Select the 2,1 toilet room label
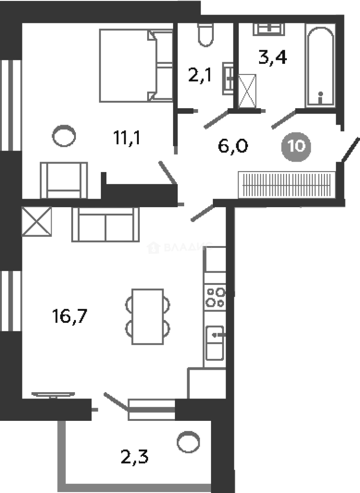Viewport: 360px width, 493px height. [x=200, y=73]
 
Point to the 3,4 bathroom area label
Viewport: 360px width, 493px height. [x=272, y=58]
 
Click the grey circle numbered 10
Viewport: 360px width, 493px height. [x=296, y=147]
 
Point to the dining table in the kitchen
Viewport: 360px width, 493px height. [x=147, y=316]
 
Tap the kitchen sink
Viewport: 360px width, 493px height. [x=214, y=343]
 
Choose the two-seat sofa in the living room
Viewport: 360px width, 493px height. [x=106, y=225]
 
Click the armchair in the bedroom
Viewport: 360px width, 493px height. [x=64, y=180]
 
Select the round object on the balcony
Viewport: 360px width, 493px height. [x=188, y=442]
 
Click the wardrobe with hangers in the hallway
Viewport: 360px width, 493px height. [x=287, y=185]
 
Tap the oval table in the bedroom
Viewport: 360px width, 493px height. [x=64, y=136]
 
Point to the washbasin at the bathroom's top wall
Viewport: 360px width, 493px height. [x=269, y=29]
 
